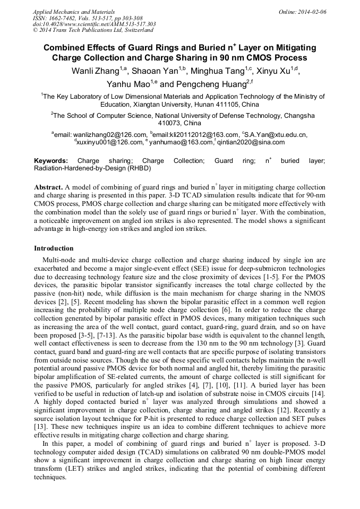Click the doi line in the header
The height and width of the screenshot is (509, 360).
pos(94,24)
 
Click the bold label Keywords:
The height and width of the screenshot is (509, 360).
pos(51,161)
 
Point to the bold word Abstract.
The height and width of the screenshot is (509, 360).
pos(48,188)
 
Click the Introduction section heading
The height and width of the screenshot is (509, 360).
pos(54,248)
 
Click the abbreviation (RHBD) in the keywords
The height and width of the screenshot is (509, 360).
pos(139,168)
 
